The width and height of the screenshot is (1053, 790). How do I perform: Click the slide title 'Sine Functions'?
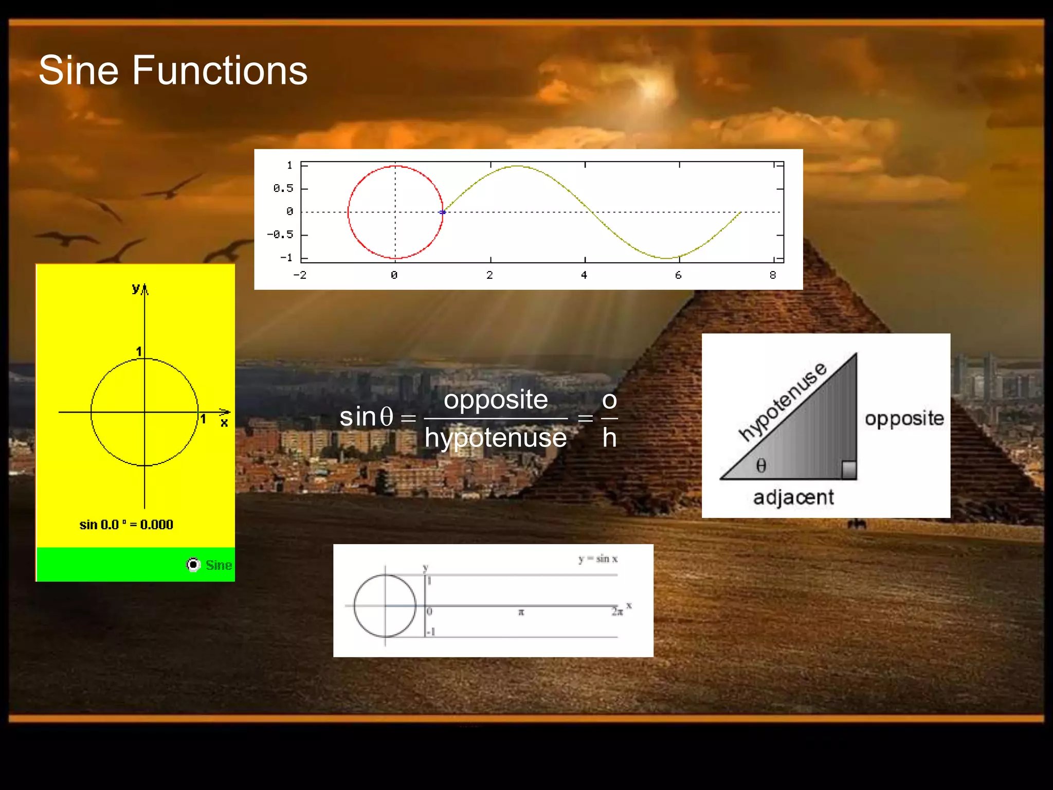[173, 70]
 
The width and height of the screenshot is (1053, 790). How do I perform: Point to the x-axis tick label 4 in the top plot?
[584, 275]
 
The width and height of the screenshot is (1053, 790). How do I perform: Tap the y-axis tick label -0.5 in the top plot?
[280, 235]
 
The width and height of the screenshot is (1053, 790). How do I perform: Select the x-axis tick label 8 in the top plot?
[773, 275]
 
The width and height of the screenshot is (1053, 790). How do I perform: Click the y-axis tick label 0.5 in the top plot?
[283, 188]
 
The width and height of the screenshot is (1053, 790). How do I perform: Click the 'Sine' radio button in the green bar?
[193, 565]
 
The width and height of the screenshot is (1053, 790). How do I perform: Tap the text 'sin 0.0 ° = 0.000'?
[126, 525]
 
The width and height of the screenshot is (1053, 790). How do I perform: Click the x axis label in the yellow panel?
[224, 423]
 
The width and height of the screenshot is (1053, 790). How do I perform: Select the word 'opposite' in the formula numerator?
[496, 400]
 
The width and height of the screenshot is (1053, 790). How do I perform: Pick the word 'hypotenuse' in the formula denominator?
[496, 438]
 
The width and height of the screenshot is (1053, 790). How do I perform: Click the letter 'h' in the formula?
[609, 438]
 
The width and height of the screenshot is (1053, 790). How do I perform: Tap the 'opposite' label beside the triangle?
[904, 419]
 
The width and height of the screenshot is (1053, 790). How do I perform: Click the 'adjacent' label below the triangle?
[793, 497]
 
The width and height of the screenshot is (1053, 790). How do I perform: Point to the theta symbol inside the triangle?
[761, 465]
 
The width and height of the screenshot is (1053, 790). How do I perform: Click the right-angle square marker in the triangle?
[849, 470]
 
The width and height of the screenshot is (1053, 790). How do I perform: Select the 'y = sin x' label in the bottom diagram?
[597, 559]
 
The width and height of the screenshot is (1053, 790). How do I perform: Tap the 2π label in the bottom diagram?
[617, 612]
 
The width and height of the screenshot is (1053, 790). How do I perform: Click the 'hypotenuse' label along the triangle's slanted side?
[783, 401]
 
